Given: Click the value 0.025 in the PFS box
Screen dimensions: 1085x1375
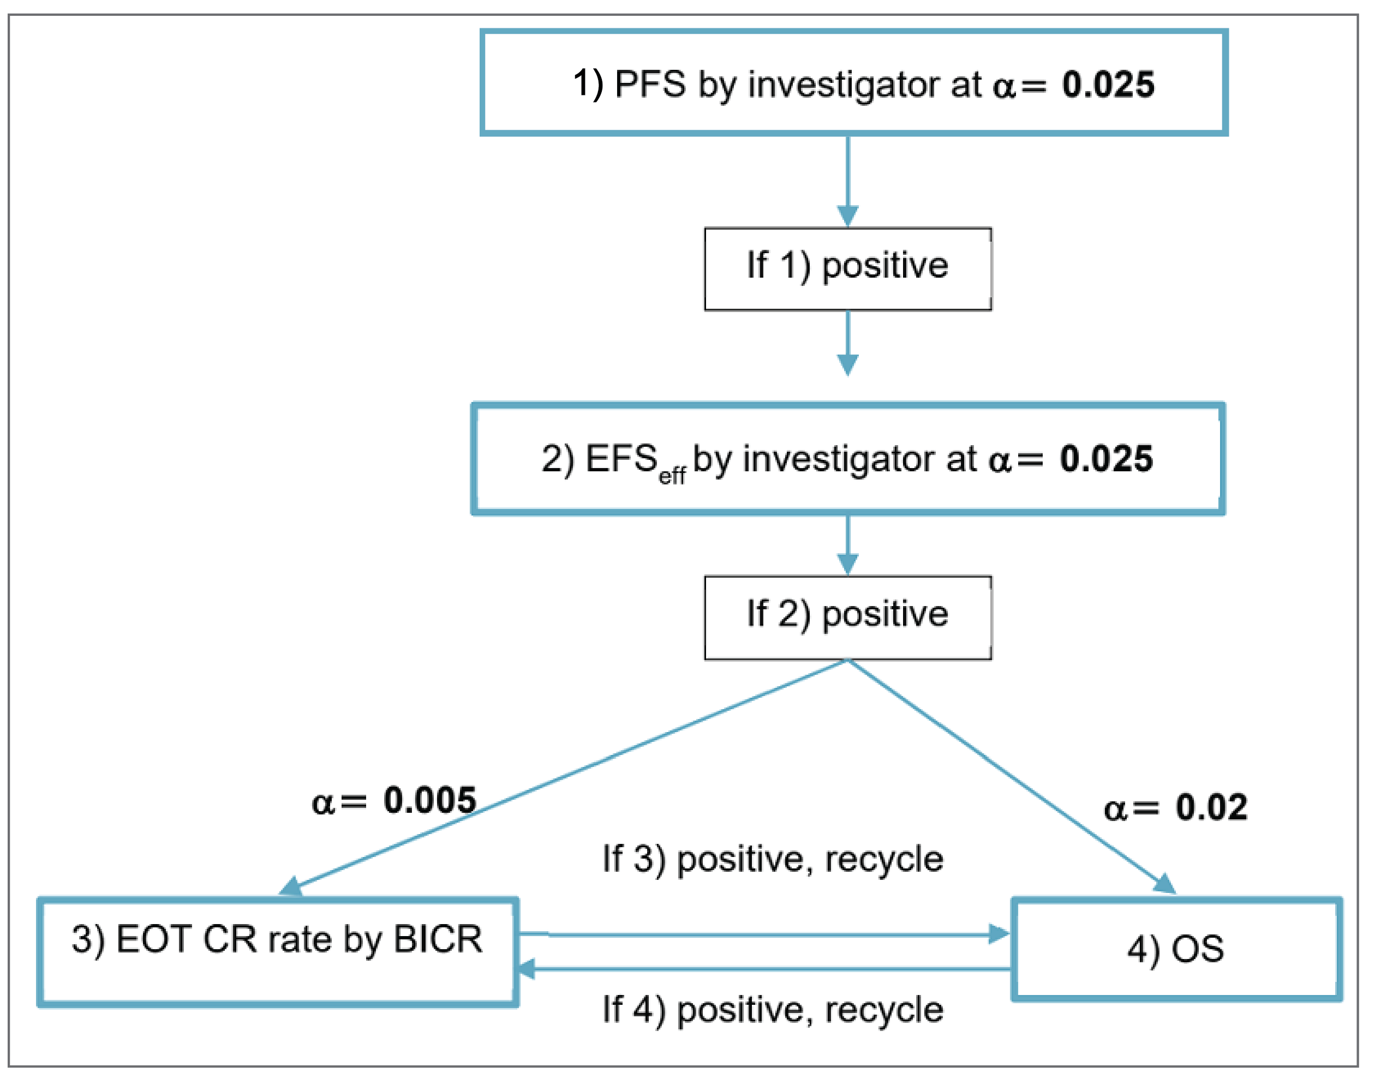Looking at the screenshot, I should tap(1108, 85).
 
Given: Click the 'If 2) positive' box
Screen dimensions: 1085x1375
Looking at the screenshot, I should tap(847, 617).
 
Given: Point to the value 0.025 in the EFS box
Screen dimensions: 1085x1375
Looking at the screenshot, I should tap(1105, 459).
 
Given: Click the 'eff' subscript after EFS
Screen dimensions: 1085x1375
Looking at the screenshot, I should tap(672, 476).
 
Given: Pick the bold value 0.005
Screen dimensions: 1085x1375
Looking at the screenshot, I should tap(429, 800).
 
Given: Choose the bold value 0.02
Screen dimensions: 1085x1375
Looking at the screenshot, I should tap(1211, 808).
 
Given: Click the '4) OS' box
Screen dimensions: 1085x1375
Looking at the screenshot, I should tap(1175, 949).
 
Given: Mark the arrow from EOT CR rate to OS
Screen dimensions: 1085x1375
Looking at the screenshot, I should tap(762, 934).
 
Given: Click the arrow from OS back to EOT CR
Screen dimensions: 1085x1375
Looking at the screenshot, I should tap(762, 969).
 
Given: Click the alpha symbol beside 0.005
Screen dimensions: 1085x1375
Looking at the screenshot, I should tap(323, 803).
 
